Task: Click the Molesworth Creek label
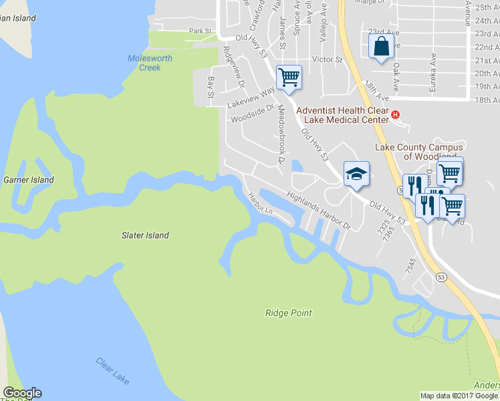pyautogui.click(x=150, y=63)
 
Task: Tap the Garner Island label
pyautogui.click(x=29, y=180)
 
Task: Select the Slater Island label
pyautogui.click(x=145, y=235)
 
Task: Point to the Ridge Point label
pyautogui.click(x=288, y=313)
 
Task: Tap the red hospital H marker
pyautogui.click(x=395, y=114)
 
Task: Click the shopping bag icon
pyautogui.click(x=380, y=47)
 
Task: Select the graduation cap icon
pyautogui.click(x=356, y=174)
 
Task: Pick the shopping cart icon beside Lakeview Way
pyautogui.click(x=289, y=77)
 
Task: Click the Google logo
pyautogui.click(x=22, y=393)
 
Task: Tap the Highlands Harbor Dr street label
pyautogui.click(x=319, y=211)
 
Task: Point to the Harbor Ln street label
pyautogui.click(x=261, y=204)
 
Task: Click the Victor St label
pyautogui.click(x=331, y=59)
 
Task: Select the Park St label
pyautogui.click(x=200, y=31)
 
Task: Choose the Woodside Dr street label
pyautogui.click(x=253, y=114)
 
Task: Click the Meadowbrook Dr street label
pyautogui.click(x=281, y=134)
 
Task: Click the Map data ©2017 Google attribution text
pyautogui.click(x=459, y=396)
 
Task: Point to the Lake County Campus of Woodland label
pyautogui.click(x=419, y=152)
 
